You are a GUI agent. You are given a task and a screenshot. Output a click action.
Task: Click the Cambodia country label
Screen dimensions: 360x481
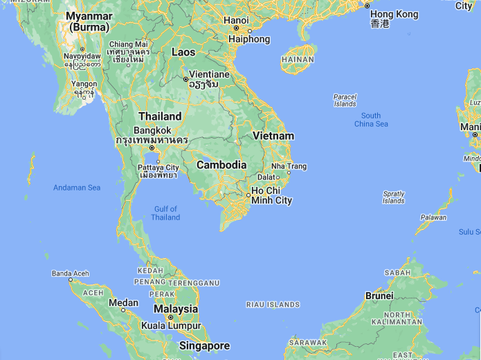pyautogui.click(x=221, y=165)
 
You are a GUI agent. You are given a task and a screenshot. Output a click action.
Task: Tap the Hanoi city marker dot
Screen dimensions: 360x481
pyautogui.click(x=236, y=29)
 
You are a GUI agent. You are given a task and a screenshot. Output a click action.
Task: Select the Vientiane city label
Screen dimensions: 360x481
pyautogui.click(x=210, y=74)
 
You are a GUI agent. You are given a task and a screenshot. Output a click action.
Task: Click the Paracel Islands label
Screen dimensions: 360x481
pyautogui.click(x=345, y=100)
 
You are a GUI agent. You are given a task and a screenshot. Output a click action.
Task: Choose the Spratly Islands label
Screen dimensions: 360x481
pyautogui.click(x=393, y=197)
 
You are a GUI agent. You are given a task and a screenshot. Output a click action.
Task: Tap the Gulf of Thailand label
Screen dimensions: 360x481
pyautogui.click(x=166, y=213)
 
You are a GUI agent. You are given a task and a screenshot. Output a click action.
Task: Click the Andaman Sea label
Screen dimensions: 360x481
pyautogui.click(x=77, y=188)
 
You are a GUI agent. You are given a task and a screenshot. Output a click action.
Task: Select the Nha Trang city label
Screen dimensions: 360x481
pyautogui.click(x=289, y=166)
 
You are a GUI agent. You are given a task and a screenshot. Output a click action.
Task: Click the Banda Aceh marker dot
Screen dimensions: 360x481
pyautogui.click(x=70, y=280)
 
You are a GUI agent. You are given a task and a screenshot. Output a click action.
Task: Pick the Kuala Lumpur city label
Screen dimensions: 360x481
pyautogui.click(x=171, y=325)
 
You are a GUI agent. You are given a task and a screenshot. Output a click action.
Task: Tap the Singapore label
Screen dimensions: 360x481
pyautogui.click(x=204, y=345)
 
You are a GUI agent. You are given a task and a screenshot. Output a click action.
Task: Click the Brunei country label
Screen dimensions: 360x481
pyautogui.click(x=379, y=296)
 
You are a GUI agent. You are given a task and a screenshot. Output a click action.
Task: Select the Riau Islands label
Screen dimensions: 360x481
pyautogui.click(x=273, y=305)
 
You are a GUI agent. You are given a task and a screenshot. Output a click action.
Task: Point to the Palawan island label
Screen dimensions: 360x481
pyautogui.click(x=433, y=217)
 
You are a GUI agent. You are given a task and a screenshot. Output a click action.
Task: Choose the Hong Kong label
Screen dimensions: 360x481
pyautogui.click(x=394, y=15)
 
